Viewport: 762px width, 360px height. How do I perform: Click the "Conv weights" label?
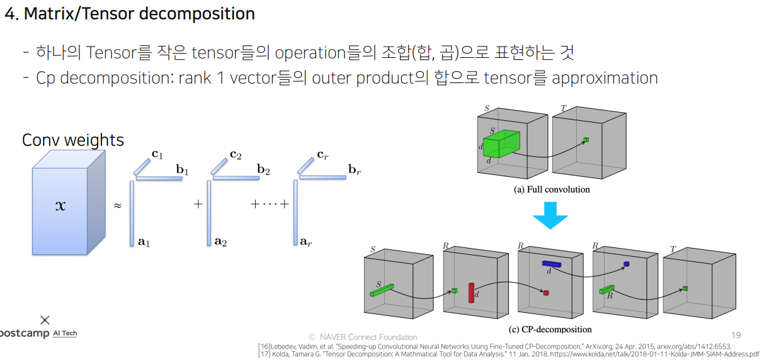point(73,140)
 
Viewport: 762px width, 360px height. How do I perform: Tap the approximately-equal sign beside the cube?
point(117,206)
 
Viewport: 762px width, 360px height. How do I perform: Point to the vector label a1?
point(144,241)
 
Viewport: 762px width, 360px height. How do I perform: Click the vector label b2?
point(264,169)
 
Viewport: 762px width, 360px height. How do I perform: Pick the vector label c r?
point(322,154)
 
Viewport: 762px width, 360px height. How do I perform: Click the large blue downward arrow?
point(550,217)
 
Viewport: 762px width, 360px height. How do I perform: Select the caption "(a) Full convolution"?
point(552,189)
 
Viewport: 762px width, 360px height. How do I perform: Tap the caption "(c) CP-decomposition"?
point(550,329)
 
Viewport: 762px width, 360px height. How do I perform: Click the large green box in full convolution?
point(501,144)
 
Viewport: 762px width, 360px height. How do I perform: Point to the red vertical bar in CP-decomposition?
point(470,292)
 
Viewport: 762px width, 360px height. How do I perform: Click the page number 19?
point(736,335)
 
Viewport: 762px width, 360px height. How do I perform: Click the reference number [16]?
point(265,346)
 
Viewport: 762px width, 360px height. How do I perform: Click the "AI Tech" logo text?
point(65,333)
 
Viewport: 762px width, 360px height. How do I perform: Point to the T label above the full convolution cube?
point(563,108)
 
